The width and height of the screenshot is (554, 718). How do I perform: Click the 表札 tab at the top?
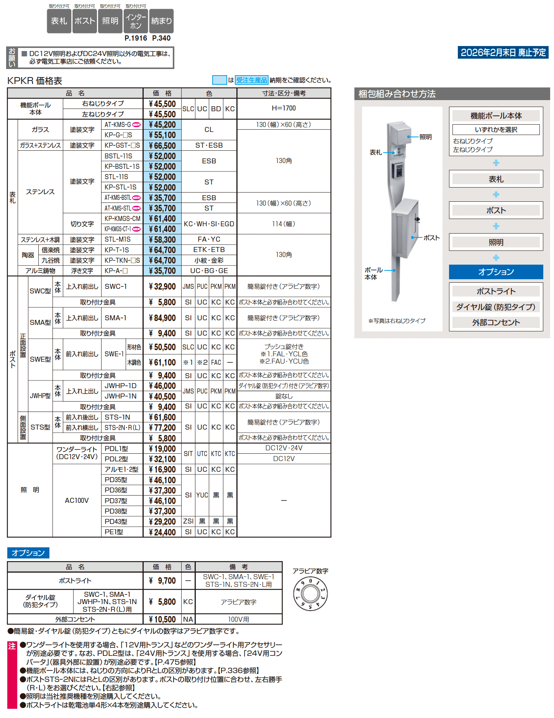59,21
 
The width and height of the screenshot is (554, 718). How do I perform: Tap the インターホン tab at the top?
136,21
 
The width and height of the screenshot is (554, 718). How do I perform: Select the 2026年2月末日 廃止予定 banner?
503,53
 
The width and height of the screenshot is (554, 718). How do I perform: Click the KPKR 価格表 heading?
35,81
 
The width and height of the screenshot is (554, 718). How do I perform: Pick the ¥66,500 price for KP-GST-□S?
162,146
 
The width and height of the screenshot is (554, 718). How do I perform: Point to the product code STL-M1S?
118,239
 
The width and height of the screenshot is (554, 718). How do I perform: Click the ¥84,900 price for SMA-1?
162,318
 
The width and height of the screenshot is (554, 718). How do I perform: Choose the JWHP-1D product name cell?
120,386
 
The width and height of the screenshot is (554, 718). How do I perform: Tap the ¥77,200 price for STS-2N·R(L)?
162,428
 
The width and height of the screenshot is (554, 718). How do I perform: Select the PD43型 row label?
116,522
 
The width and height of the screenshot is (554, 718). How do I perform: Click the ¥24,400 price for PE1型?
162,532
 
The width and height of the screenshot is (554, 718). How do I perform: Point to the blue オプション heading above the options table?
28,553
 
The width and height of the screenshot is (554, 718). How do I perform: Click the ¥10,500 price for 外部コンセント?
162,619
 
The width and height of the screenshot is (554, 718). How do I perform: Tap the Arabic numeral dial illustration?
310,594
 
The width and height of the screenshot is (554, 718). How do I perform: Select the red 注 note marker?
12,646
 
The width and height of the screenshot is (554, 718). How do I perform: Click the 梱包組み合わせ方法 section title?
397,94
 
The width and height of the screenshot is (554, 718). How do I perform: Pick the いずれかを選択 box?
496,130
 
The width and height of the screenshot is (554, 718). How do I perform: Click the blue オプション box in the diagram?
496,272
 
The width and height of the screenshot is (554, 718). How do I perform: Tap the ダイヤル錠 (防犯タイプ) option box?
496,307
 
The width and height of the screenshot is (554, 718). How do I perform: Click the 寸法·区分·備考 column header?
284,93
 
